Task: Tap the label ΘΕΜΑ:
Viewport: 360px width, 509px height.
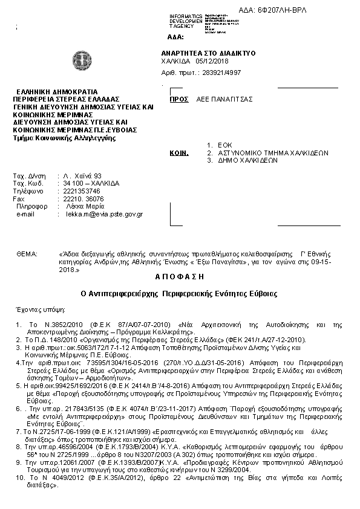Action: pos(27,254)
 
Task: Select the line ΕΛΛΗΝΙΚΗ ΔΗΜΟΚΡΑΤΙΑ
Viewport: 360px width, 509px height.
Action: pos(57,91)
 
